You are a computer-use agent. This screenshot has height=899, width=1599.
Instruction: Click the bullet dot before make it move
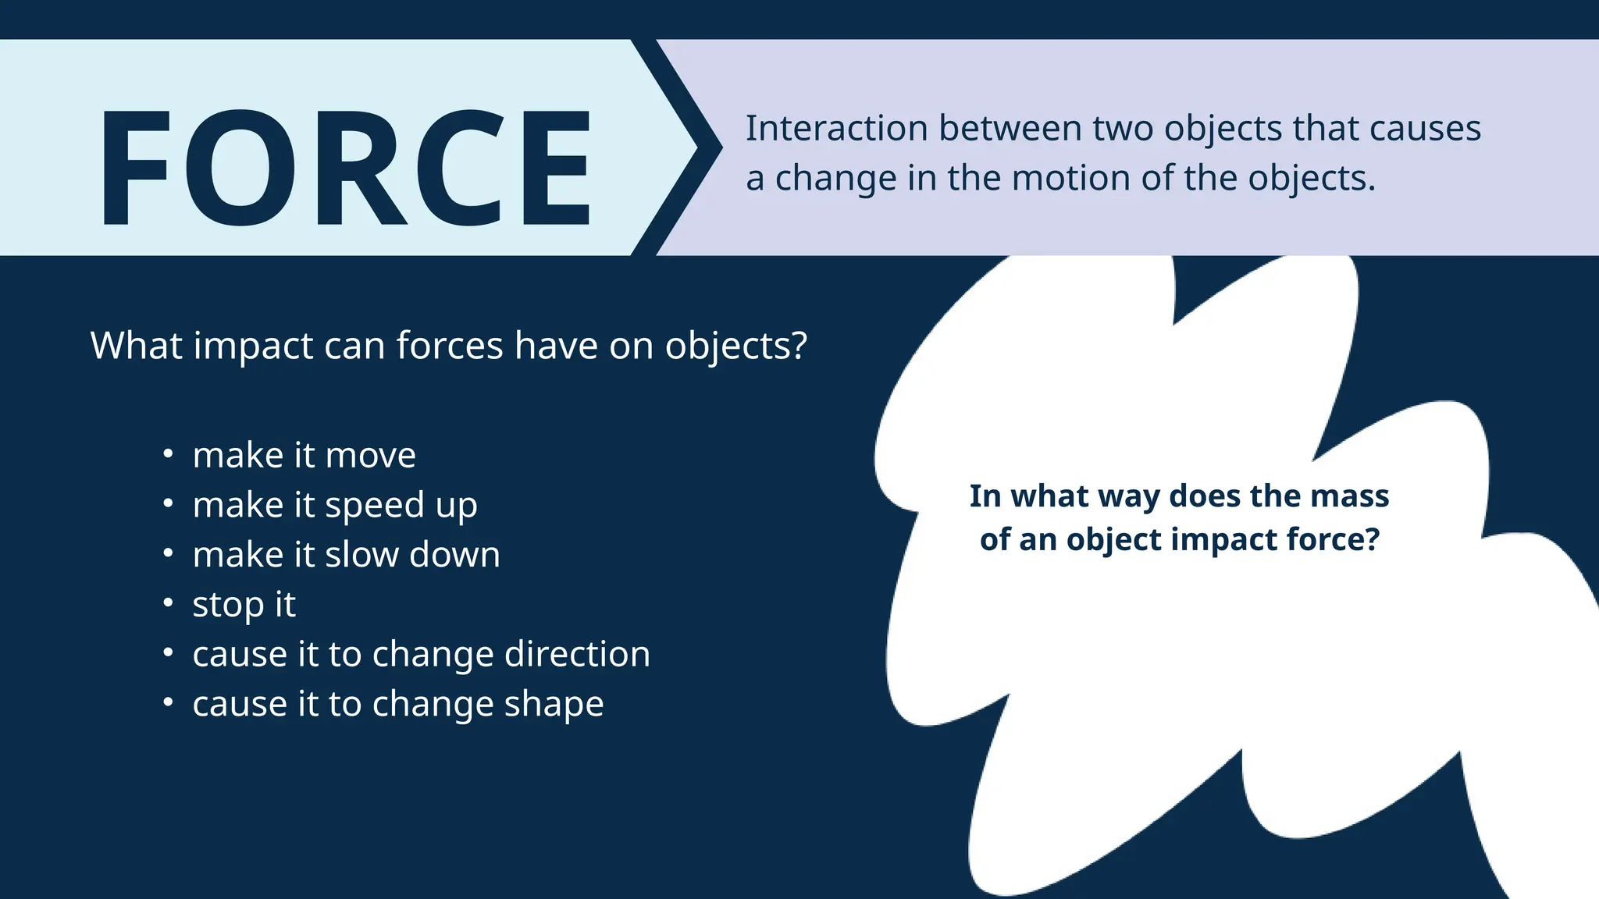pyautogui.click(x=168, y=453)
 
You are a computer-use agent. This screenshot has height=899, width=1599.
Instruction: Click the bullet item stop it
pyautogui.click(x=244, y=605)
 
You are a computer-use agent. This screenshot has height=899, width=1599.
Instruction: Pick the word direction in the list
pyautogui.click(x=577, y=654)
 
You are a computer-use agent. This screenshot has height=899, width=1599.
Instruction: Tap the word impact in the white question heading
pyautogui.click(x=253, y=346)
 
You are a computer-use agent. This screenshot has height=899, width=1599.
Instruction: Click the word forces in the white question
pyautogui.click(x=449, y=346)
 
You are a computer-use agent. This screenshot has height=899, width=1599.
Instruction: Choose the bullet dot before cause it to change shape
pyautogui.click(x=168, y=702)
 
